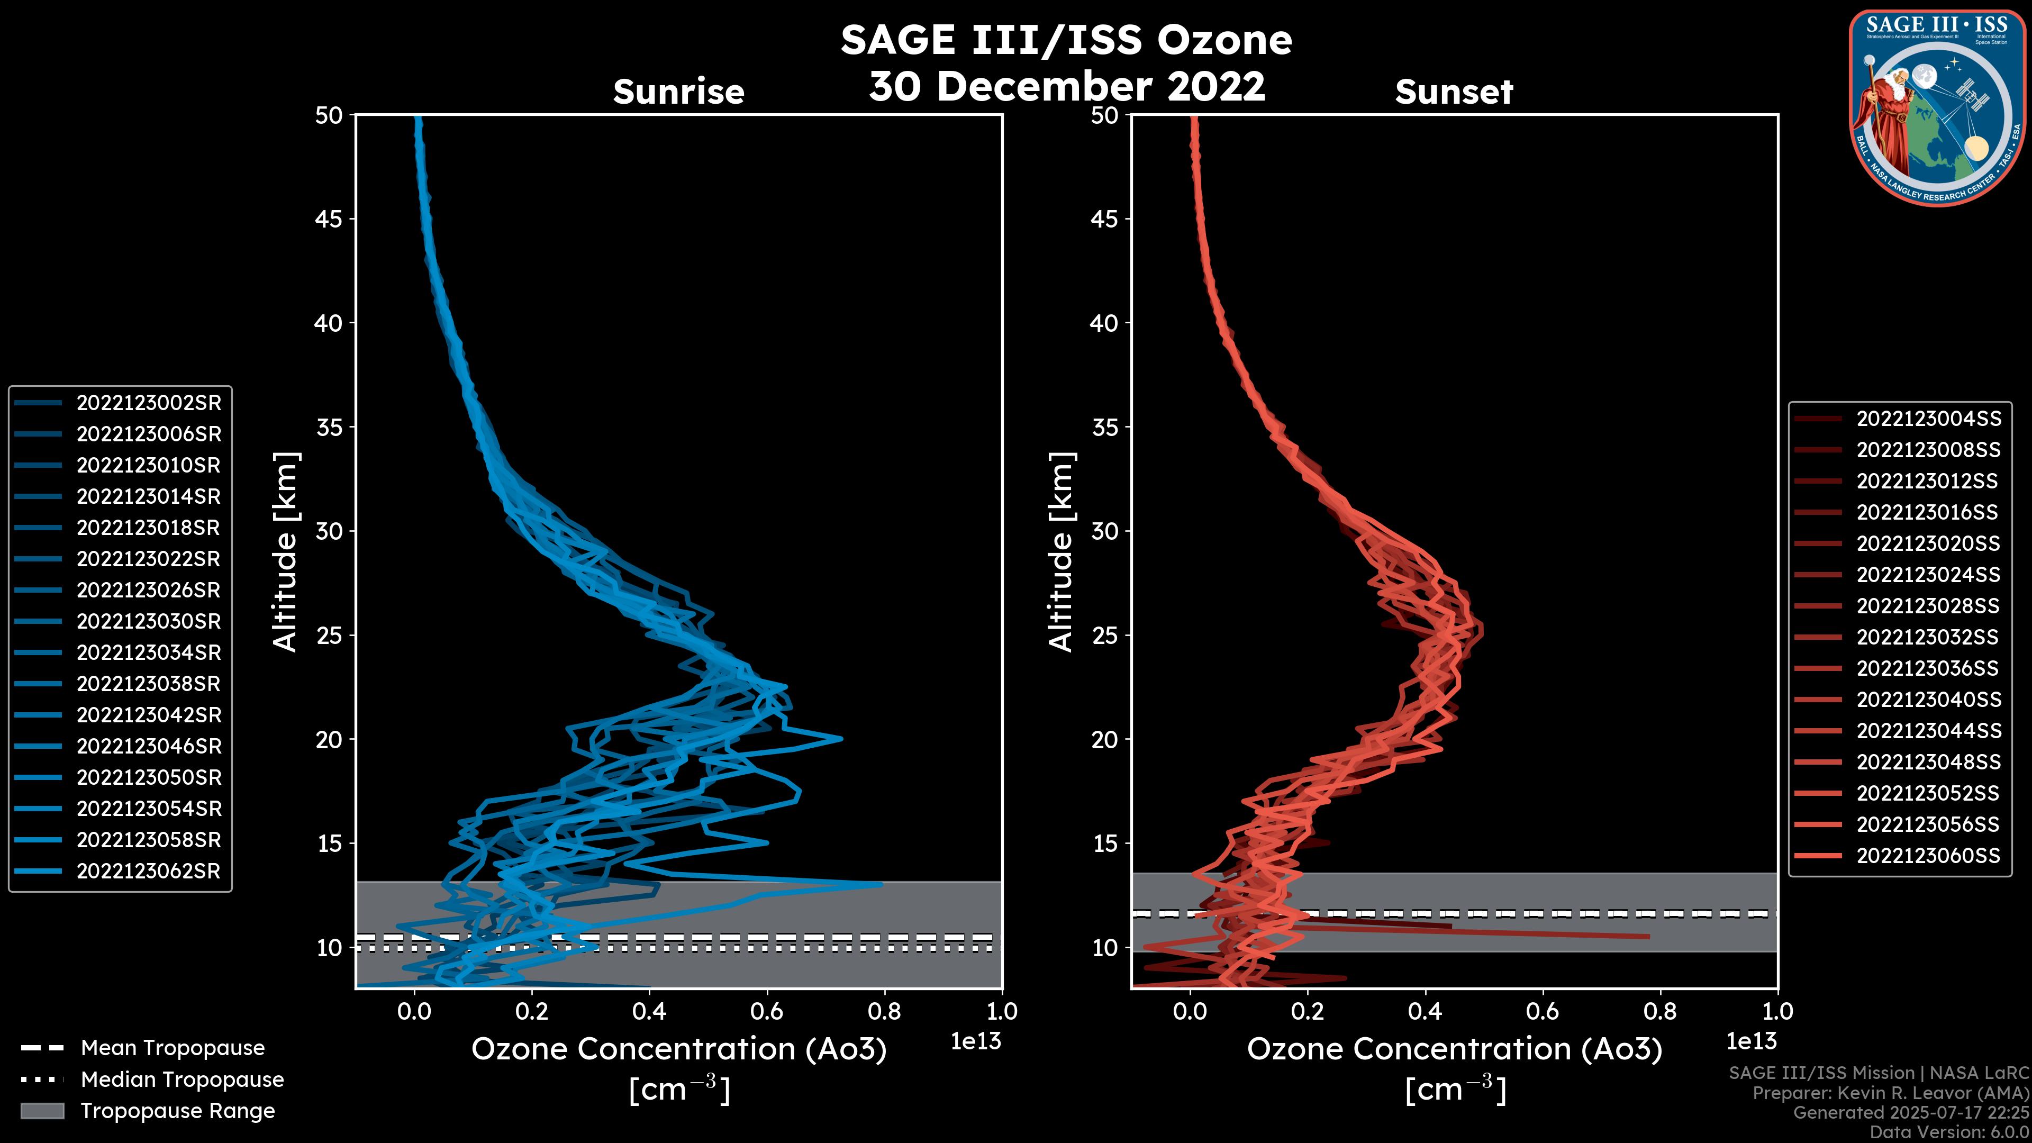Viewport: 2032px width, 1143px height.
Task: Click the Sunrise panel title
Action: pyautogui.click(x=678, y=92)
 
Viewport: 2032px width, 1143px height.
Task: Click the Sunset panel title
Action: pyautogui.click(x=1454, y=92)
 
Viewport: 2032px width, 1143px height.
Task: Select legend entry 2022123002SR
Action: pyautogui.click(x=148, y=403)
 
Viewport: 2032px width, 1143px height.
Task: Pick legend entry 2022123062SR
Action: pyautogui.click(x=148, y=872)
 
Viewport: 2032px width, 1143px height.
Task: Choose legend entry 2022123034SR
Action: pyautogui.click(x=148, y=653)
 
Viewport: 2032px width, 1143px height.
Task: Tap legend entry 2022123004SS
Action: pyautogui.click(x=1928, y=419)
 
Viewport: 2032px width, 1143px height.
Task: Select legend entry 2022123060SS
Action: pyautogui.click(x=1928, y=856)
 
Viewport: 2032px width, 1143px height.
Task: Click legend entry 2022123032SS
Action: pyautogui.click(x=1928, y=637)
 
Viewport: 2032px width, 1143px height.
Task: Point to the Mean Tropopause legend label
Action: pyautogui.click(x=172, y=1048)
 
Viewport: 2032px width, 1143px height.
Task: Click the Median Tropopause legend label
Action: pyautogui.click(x=182, y=1080)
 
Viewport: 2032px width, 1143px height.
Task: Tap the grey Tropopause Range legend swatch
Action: pyautogui.click(x=42, y=1111)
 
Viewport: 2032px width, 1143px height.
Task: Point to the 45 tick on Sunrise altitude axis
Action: pyautogui.click(x=329, y=219)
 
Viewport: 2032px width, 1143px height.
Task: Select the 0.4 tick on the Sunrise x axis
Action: pyautogui.click(x=649, y=1011)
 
